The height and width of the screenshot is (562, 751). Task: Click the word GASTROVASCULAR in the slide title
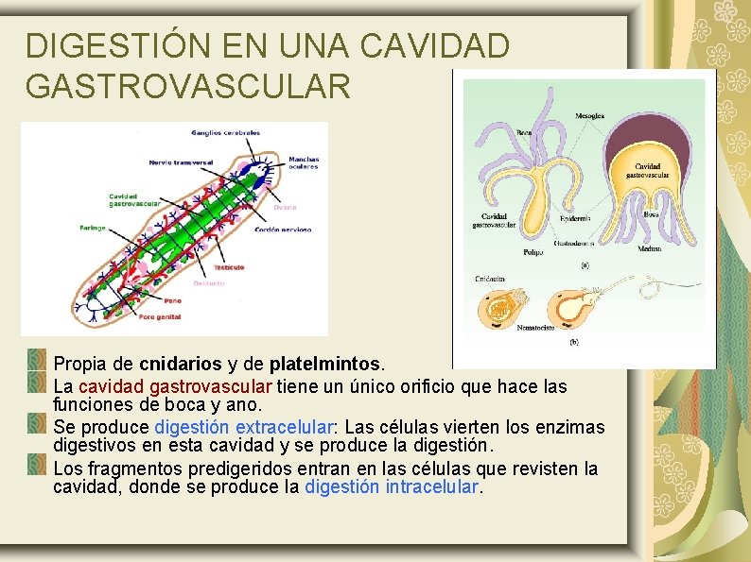click(x=188, y=86)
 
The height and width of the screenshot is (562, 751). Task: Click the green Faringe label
click(x=93, y=228)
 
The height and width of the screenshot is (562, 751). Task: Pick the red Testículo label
click(x=229, y=267)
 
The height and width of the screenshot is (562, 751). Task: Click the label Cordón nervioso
click(x=284, y=230)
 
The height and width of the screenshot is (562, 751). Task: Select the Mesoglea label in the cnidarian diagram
click(x=589, y=116)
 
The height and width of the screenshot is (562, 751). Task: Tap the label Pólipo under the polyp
click(x=533, y=252)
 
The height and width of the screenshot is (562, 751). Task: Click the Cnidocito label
click(x=489, y=280)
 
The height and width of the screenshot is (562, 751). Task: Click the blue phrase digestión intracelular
click(x=392, y=487)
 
